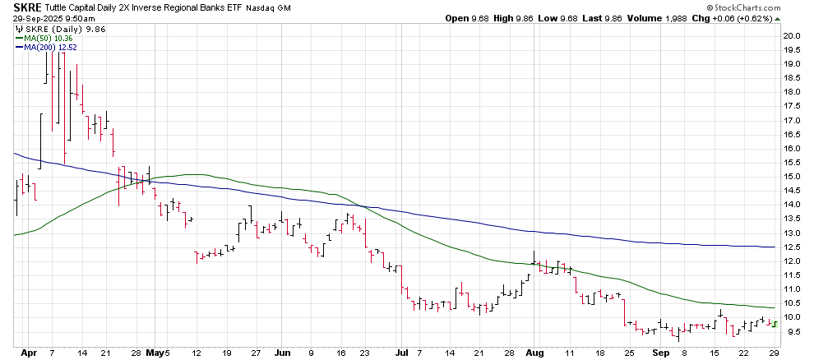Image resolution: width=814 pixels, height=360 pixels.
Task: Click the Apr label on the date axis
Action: click(x=22, y=353)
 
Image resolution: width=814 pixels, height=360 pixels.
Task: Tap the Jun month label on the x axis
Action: click(x=282, y=353)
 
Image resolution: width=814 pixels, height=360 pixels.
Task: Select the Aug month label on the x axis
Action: click(x=534, y=353)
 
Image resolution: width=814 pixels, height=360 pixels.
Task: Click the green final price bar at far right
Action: click(x=774, y=323)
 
